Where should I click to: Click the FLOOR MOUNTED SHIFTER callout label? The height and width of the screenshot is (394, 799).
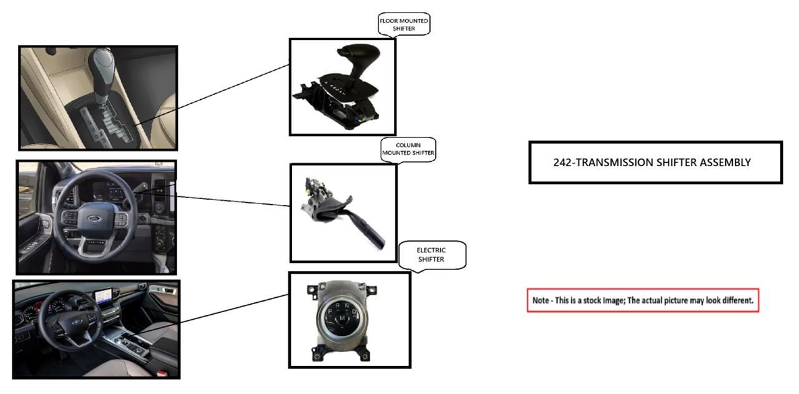tap(404, 24)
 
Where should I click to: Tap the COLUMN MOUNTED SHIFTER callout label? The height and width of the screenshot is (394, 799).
tap(408, 149)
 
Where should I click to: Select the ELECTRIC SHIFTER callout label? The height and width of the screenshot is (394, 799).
tap(431, 255)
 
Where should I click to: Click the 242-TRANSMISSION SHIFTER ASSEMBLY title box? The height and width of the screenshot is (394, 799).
tap(655, 162)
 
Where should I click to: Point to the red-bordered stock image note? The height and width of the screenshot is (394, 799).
tap(643, 300)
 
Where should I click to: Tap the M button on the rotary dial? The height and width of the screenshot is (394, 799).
tap(342, 319)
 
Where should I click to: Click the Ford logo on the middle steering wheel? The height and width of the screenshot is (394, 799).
tap(94, 219)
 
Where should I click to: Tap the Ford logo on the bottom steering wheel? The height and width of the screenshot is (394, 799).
tap(77, 322)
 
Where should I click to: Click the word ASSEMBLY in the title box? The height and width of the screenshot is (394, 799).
tap(724, 162)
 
